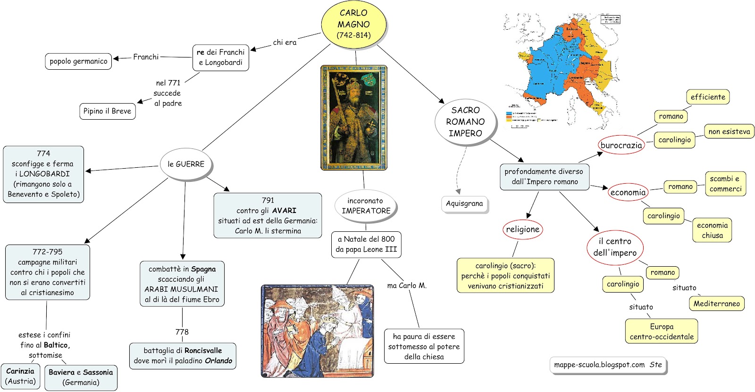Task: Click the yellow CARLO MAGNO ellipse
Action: click(353, 24)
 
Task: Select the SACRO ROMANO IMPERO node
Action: click(465, 122)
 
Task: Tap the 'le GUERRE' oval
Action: click(186, 164)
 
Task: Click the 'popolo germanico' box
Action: click(78, 61)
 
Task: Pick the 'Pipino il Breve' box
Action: click(107, 111)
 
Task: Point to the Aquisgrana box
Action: click(464, 204)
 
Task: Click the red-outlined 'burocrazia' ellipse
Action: click(621, 145)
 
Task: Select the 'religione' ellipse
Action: click(522, 229)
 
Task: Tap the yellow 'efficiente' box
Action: click(708, 97)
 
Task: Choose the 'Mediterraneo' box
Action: click(716, 304)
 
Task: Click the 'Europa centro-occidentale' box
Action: click(662, 332)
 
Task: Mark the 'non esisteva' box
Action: click(729, 132)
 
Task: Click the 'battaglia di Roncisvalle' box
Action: click(183, 356)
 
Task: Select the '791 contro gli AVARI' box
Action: click(268, 215)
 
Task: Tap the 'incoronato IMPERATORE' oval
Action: click(366, 206)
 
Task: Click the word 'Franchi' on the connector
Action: click(146, 57)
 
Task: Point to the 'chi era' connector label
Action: click(285, 42)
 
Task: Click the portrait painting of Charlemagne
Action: click(353, 117)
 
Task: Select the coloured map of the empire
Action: click(562, 71)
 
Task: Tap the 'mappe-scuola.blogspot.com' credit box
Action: click(608, 365)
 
